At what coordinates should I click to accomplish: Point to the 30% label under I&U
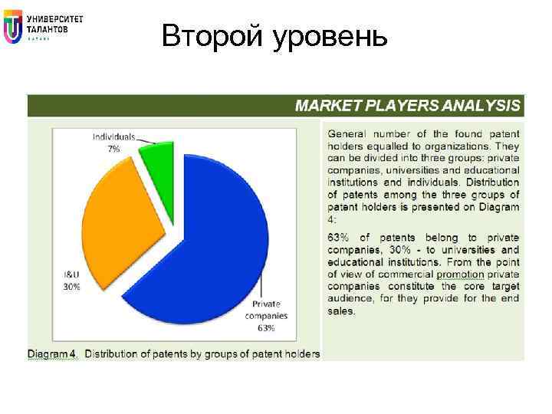click(72, 287)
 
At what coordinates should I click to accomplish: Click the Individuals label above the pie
click(113, 137)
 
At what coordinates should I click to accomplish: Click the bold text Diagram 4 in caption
click(52, 353)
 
